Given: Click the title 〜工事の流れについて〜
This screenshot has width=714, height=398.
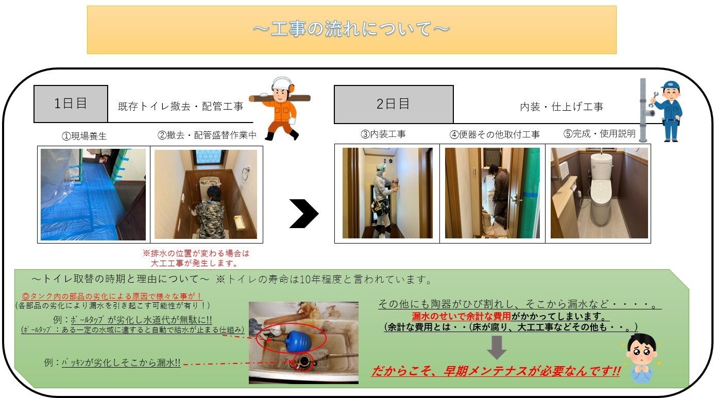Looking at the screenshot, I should [351, 29].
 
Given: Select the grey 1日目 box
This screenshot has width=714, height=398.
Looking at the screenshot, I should [71, 103].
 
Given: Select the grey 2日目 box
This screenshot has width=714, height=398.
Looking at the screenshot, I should [394, 104].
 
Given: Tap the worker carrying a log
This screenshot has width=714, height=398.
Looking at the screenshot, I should [281, 108].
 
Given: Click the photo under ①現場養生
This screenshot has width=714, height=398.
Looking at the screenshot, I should [93, 194].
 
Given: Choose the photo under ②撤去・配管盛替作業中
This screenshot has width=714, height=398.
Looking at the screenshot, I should [206, 194].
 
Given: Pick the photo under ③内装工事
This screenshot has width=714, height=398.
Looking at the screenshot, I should [387, 193].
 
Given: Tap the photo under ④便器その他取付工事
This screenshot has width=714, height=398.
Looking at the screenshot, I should [492, 193].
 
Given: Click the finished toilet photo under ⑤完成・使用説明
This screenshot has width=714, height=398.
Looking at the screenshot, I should [599, 193].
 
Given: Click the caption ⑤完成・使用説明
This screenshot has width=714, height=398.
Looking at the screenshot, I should [599, 134].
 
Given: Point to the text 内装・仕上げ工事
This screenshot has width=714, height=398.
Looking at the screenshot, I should [562, 107].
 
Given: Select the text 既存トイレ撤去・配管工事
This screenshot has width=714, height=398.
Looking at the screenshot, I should [180, 107].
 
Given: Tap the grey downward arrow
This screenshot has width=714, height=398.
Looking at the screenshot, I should [497, 347].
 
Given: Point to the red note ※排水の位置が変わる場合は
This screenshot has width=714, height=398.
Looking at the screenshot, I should [196, 253].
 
